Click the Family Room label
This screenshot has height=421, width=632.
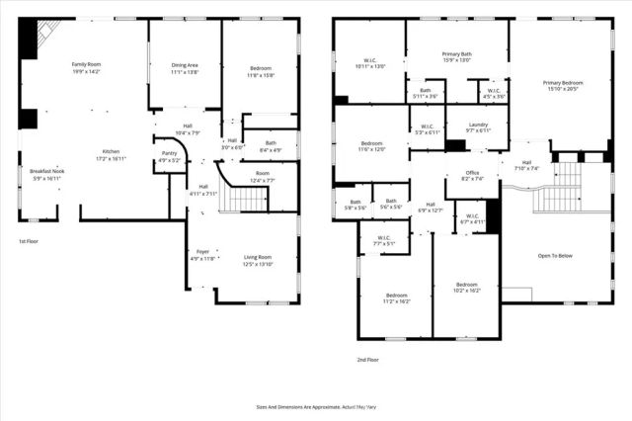87,67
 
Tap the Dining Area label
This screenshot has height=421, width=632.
185,68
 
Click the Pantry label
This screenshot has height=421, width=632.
169,156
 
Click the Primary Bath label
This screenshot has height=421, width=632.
456,57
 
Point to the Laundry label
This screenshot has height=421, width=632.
478,127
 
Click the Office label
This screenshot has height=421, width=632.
473,176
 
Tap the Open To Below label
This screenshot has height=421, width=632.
556,254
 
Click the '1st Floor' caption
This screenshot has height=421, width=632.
30,241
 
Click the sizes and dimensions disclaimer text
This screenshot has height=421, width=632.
316,406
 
